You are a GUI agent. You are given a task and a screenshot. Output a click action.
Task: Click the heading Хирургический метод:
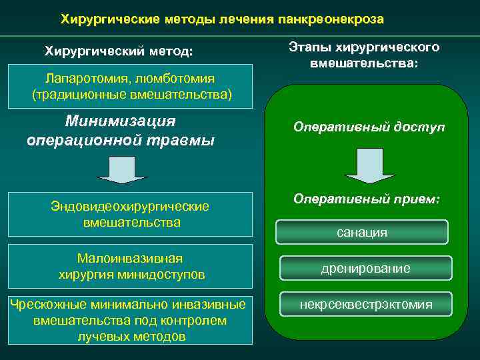(x=118, y=51)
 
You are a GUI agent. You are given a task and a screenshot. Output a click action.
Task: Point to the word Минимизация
(x=121, y=121)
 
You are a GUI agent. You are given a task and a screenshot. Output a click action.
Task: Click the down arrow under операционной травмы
(x=121, y=170)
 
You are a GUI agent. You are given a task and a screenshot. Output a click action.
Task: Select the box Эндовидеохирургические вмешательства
(x=131, y=214)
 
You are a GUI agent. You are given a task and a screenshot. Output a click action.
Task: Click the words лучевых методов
(x=131, y=337)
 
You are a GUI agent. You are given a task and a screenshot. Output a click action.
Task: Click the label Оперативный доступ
(x=369, y=127)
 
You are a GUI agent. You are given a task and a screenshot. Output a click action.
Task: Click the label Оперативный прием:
(x=367, y=199)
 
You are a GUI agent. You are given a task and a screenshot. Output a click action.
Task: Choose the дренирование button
(x=365, y=268)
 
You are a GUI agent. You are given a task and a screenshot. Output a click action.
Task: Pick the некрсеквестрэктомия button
(x=365, y=305)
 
